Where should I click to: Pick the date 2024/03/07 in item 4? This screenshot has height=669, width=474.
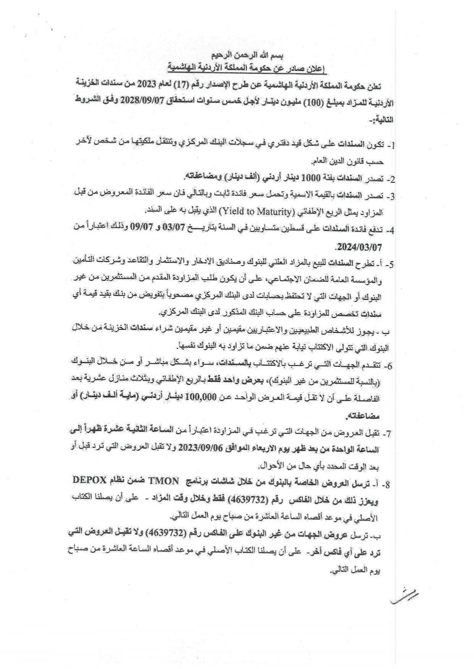pos(359,247)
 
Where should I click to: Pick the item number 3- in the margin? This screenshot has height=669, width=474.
pos(390,197)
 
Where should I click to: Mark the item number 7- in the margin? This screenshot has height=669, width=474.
pos(388,433)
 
